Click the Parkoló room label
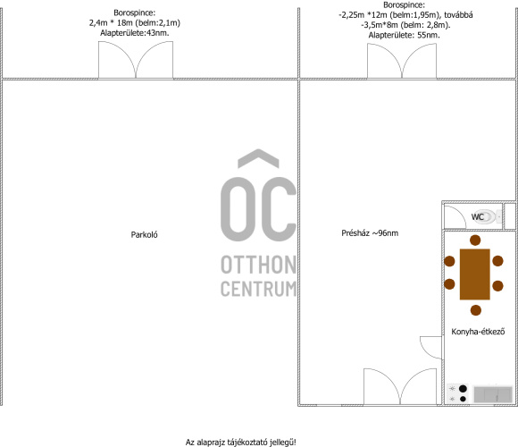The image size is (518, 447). (x=144, y=235)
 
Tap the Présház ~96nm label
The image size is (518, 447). (x=370, y=233)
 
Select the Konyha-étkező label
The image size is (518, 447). (x=478, y=332)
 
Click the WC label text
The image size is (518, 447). (x=478, y=217)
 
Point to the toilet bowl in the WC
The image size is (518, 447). (x=488, y=217)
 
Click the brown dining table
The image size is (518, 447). (x=475, y=274)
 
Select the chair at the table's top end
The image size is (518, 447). (x=475, y=240)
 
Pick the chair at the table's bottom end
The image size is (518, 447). (x=476, y=310)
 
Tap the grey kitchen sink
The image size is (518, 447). (x=493, y=394)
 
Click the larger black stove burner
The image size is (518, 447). (x=464, y=389)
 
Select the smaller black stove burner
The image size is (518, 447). (x=463, y=399)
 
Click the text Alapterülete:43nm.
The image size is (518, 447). (x=135, y=33)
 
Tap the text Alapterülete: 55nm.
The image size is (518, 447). (x=404, y=36)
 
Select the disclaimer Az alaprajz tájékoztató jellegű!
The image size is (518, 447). (x=241, y=442)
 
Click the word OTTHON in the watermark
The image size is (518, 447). (x=258, y=265)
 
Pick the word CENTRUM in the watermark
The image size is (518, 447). (x=258, y=289)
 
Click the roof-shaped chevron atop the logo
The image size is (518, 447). (x=258, y=158)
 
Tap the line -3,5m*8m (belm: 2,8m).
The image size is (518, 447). (x=405, y=25)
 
